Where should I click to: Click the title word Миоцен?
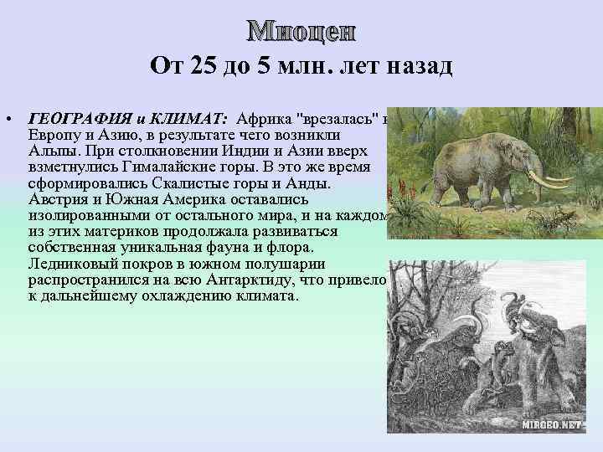[301, 32]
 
